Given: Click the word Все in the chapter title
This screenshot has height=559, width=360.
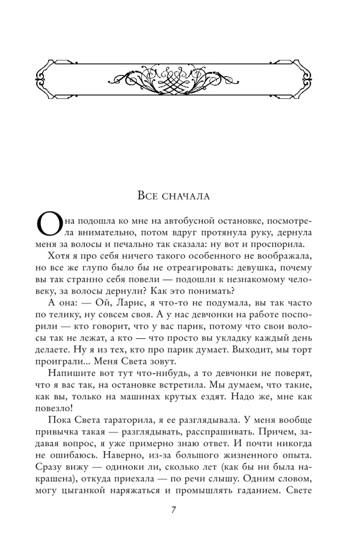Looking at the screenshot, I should click(150, 196).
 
